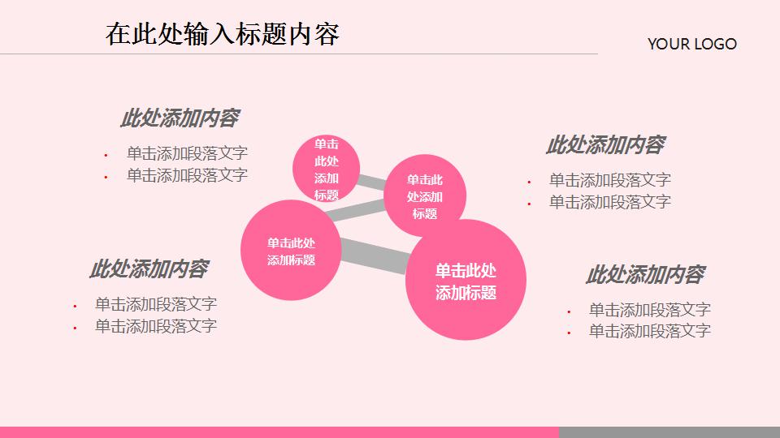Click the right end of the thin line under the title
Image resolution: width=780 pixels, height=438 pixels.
click(x=597, y=54)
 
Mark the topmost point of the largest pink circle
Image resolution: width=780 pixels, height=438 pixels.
click(x=466, y=220)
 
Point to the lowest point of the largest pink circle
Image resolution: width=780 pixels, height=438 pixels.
click(x=466, y=340)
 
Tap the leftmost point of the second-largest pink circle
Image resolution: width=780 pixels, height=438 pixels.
click(x=240, y=250)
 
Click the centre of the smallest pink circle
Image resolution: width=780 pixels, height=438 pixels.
click(x=326, y=169)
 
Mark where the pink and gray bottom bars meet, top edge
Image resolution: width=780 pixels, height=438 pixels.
click(x=559, y=427)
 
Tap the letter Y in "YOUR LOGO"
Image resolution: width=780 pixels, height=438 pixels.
click(x=652, y=44)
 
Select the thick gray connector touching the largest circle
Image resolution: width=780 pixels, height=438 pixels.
click(x=374, y=255)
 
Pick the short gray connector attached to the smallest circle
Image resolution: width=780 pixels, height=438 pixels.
click(x=371, y=182)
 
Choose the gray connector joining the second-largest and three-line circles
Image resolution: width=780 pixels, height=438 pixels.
click(x=355, y=210)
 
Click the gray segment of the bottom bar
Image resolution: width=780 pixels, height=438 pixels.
click(x=669, y=432)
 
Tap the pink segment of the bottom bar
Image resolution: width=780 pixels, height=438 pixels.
click(x=279, y=432)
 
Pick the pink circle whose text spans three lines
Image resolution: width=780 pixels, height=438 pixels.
click(x=425, y=195)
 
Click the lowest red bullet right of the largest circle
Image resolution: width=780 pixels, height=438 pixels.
click(x=569, y=333)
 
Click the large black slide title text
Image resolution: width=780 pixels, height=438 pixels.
click(x=223, y=34)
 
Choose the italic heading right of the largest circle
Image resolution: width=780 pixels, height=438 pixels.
click(x=645, y=275)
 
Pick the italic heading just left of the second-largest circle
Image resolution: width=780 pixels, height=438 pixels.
click(x=149, y=268)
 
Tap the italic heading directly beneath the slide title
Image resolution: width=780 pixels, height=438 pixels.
click(x=180, y=118)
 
